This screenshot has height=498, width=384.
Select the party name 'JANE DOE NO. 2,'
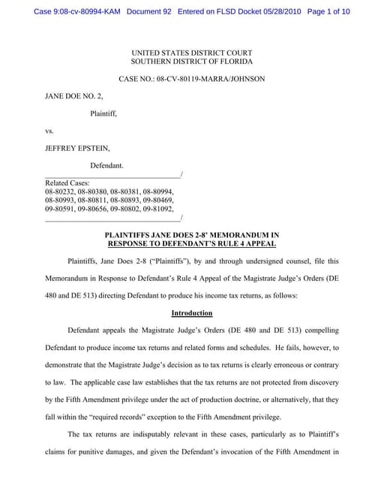[71, 97]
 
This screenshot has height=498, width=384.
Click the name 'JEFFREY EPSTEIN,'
[76, 148]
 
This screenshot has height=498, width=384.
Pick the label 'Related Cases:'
[67, 183]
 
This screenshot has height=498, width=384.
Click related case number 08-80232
[60, 192]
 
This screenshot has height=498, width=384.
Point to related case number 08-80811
[92, 201]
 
